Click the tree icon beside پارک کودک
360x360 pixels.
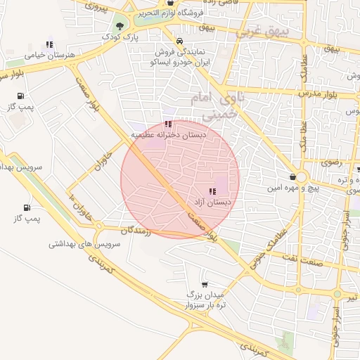[x=120, y=26]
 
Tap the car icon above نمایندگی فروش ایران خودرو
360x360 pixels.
[x=180, y=41]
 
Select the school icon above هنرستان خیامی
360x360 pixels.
[x=49, y=44]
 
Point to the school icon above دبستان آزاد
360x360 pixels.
[x=212, y=191]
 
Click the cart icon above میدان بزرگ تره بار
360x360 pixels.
[x=204, y=285]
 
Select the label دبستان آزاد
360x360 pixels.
[x=212, y=202]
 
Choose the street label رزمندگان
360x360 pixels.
[x=136, y=230]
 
